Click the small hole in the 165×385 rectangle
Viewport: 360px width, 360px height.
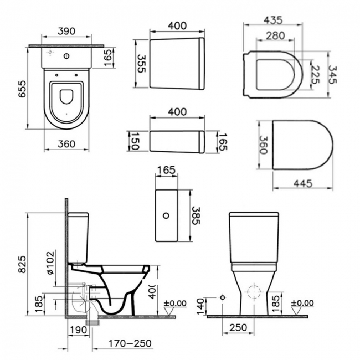[x=167, y=214]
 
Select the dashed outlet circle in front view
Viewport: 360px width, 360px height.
[x=254, y=292]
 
